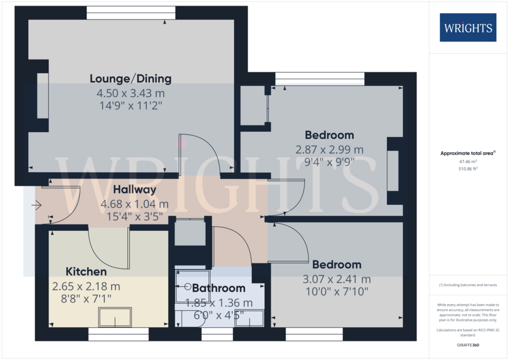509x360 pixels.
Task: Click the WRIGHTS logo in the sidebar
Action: (468, 28)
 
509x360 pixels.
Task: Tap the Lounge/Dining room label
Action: (131, 79)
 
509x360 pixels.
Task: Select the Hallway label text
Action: (135, 190)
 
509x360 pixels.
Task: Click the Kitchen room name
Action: (86, 272)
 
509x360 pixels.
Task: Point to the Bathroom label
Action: (219, 288)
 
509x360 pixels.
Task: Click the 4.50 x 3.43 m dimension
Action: (131, 93)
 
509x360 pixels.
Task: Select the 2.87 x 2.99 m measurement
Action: (329, 150)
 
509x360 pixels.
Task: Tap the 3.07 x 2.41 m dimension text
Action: (337, 279)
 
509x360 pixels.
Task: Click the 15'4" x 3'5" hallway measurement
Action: (135, 217)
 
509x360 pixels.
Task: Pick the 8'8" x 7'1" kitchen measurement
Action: (86, 299)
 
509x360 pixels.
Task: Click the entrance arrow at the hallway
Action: (36, 205)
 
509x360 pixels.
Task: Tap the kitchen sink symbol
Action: (115, 317)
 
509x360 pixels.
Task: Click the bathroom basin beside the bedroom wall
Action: (249, 318)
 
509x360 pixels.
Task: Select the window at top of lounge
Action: (131, 13)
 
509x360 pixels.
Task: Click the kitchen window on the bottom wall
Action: (119, 334)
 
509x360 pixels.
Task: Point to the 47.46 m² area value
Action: (468, 161)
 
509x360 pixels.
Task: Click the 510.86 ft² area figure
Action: (468, 169)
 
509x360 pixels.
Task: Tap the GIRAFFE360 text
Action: (468, 345)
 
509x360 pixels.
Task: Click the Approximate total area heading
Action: (468, 153)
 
